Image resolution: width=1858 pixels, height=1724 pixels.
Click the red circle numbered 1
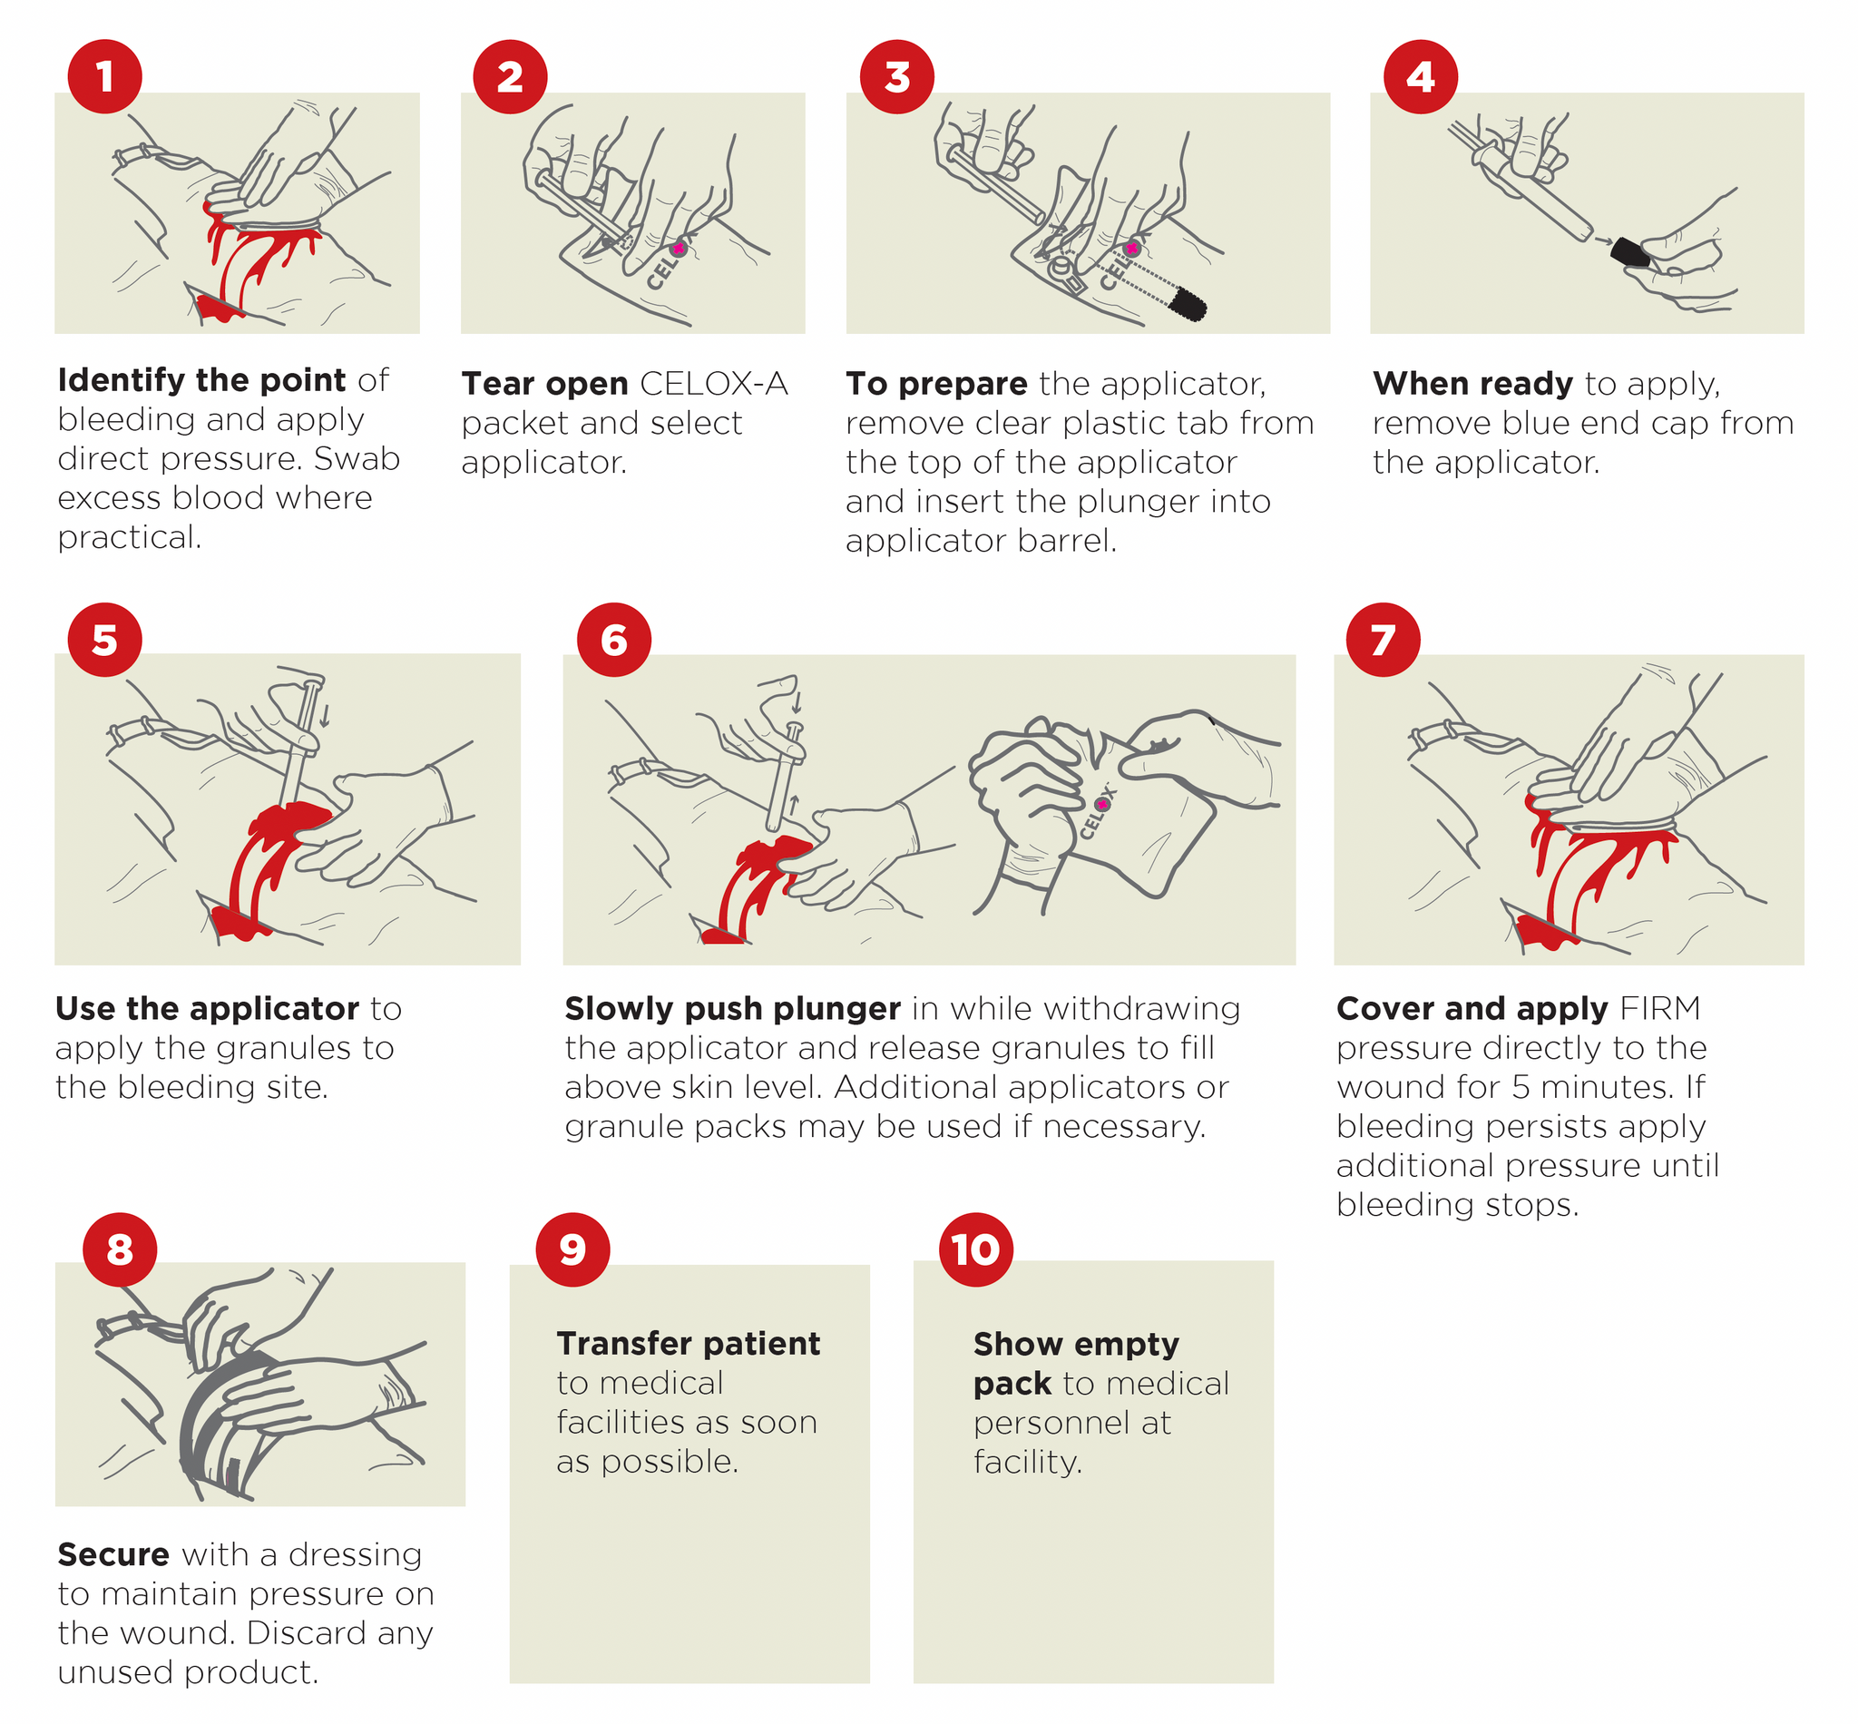[x=104, y=76]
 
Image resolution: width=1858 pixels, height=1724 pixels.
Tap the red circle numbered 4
[x=1420, y=76]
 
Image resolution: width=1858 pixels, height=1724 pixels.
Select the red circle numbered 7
[x=1383, y=640]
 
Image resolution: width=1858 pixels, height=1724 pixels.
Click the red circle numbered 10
[x=975, y=1250]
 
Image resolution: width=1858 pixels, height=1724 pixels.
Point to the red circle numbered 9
[x=572, y=1250]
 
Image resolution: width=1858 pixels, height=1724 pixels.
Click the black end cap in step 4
[x=1628, y=253]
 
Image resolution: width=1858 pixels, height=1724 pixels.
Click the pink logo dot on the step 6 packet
[x=1102, y=803]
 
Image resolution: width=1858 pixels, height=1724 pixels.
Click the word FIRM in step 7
[x=1660, y=1008]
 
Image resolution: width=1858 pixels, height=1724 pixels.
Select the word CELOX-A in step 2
[x=714, y=384]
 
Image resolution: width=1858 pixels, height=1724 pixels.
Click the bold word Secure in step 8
[x=112, y=1554]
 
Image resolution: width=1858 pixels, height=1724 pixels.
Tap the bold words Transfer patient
[x=689, y=1344]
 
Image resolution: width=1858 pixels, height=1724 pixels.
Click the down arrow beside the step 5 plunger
[x=325, y=714]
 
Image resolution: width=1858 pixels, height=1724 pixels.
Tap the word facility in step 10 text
[x=1027, y=1462]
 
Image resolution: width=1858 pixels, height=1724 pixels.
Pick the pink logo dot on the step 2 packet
[x=678, y=248]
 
